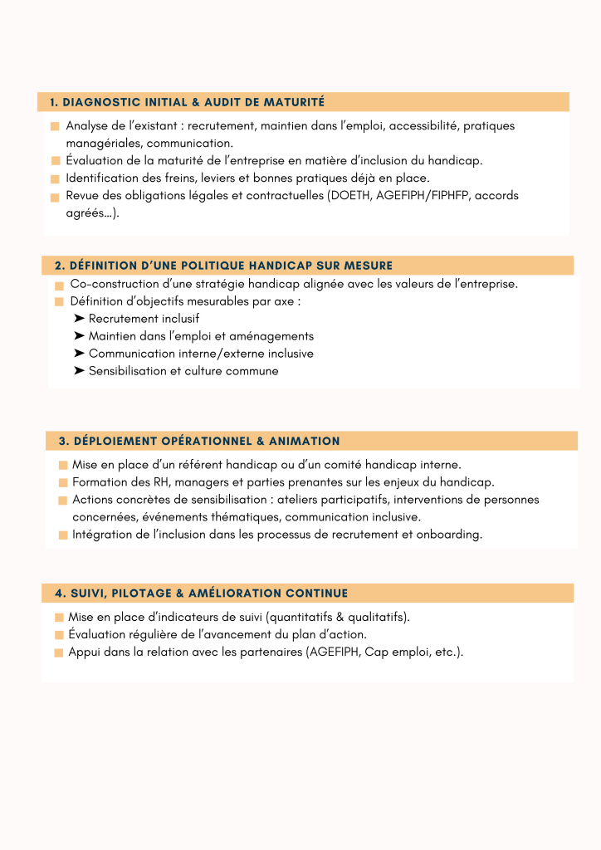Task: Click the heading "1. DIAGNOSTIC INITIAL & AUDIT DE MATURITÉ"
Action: [187, 102]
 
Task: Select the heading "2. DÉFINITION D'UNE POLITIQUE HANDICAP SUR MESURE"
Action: [223, 266]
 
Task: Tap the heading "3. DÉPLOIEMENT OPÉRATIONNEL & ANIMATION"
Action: [199, 441]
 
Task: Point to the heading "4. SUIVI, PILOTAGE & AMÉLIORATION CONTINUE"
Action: [201, 594]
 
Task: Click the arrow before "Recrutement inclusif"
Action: [79, 319]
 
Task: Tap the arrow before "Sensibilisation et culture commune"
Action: [79, 371]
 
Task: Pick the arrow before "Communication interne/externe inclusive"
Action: [79, 354]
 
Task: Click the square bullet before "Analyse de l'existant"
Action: [55, 126]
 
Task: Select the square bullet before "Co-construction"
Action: [60, 285]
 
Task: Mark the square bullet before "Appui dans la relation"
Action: [59, 652]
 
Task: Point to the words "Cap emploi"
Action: [395, 652]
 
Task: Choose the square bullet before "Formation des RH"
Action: [63, 482]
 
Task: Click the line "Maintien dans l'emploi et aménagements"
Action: [201, 336]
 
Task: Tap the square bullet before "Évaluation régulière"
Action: [59, 635]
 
